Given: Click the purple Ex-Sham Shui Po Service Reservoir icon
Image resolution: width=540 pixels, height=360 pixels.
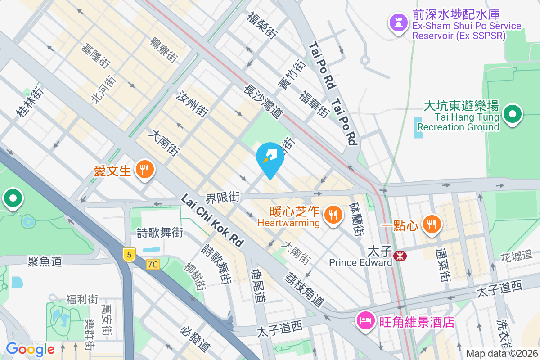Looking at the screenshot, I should (398, 23).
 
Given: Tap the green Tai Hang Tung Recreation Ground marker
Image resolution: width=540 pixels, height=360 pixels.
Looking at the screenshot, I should (512, 114).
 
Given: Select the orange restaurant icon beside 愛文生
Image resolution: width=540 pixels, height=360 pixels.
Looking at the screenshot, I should (144, 170).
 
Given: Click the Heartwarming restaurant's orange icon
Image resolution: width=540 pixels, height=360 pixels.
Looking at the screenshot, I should (333, 215).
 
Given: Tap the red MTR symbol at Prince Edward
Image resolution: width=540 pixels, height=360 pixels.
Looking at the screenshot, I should (400, 256).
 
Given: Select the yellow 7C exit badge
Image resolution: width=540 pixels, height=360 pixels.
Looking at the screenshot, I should (153, 265).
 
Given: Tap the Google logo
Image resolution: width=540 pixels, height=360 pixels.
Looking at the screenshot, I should (30, 349).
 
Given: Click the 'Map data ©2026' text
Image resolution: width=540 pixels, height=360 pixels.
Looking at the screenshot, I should (502, 353).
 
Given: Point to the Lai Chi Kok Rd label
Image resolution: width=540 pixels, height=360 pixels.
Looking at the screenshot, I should (212, 220).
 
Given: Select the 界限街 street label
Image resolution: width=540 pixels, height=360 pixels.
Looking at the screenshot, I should (223, 197).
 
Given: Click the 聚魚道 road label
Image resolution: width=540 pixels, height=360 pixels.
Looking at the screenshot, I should (45, 261).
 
